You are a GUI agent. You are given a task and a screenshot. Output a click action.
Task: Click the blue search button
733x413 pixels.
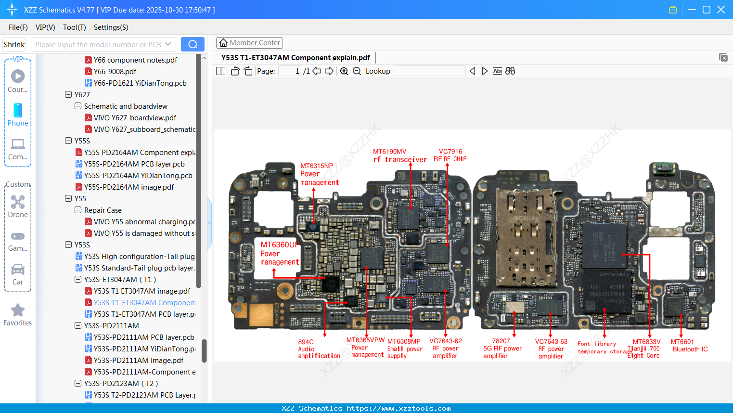[193, 44]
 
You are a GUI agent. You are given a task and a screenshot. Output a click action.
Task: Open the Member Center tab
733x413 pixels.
[249, 43]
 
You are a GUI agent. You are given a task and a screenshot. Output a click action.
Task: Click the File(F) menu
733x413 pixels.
[18, 27]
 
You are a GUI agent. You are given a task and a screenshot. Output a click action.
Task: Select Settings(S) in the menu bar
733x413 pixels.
[111, 27]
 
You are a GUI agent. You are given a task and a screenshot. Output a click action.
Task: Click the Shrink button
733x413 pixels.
[14, 44]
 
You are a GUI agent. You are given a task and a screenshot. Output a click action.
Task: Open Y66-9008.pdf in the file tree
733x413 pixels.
[115, 71]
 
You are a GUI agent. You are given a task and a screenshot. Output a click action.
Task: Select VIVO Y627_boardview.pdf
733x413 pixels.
[135, 117]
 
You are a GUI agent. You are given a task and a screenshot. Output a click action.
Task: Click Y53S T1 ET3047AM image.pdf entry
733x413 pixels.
[141, 291]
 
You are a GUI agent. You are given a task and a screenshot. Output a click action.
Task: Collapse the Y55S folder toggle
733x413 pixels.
[68, 141]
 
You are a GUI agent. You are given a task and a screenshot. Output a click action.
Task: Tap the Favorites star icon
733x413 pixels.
[18, 310]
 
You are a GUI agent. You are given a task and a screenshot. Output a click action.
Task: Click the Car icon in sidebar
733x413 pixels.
[18, 270]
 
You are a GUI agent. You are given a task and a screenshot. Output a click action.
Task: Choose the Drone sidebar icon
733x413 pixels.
[18, 202]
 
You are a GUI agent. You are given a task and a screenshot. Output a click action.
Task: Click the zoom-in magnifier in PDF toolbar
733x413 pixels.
[344, 71]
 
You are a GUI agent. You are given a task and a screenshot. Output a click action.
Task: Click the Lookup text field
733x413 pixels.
[429, 71]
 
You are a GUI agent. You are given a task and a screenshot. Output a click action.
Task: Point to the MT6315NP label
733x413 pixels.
[317, 166]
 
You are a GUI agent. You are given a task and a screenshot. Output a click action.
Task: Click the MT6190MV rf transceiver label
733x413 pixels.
[399, 155]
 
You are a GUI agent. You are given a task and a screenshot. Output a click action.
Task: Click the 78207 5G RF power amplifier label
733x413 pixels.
[502, 348]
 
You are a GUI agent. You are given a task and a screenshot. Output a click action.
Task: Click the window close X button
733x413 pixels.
[720, 10]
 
